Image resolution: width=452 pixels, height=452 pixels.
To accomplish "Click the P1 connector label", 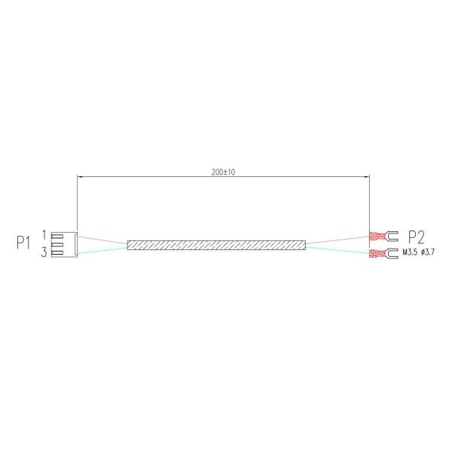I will click(23, 243).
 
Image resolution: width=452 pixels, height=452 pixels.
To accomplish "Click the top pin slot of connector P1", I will click(66, 236).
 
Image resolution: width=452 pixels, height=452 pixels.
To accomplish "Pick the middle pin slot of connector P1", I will click(66, 243).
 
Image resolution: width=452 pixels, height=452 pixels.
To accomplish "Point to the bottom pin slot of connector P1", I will click(66, 252).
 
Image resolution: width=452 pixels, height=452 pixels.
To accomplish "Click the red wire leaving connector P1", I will click(102, 239).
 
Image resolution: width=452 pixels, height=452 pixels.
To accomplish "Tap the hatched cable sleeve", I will click(216, 245).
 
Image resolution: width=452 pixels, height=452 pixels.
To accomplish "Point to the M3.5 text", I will click(413, 252).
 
